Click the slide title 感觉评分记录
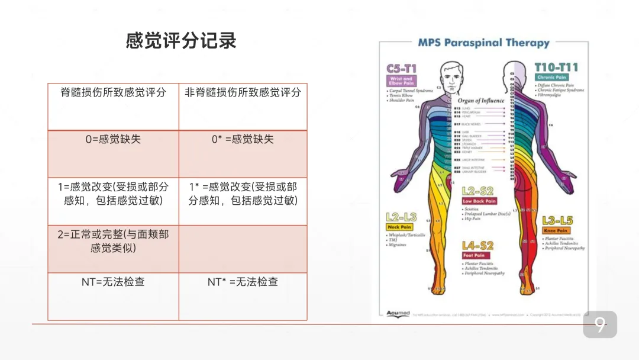point(181,40)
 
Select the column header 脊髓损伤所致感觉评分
point(113,92)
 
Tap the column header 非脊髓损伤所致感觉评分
point(243,92)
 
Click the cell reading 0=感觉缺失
point(113,139)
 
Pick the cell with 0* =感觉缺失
point(243,139)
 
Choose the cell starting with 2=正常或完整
point(113,241)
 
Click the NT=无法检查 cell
point(113,282)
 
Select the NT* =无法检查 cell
point(243,282)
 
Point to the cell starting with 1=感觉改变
point(113,194)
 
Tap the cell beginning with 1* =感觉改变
point(243,194)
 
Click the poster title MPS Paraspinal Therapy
point(483,43)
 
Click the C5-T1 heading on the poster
point(402,69)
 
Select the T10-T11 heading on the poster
point(556,67)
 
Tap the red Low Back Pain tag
point(479,201)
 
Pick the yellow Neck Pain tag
point(399,227)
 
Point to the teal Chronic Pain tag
point(551,78)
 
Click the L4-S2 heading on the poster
point(477,245)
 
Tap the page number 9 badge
point(600,324)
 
